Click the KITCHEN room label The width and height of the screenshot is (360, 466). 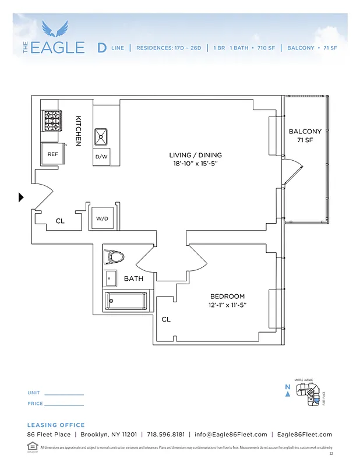tap(78, 130)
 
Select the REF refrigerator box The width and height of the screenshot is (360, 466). tap(52, 154)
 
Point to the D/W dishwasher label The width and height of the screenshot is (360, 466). tap(101, 157)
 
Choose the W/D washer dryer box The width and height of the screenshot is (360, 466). tap(103, 218)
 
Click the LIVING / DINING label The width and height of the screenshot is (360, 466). tap(195, 155)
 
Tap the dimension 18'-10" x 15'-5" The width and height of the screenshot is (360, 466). tap(195, 164)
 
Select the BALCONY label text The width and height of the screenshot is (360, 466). tap(305, 132)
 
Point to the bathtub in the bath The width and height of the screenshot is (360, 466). tap(125, 301)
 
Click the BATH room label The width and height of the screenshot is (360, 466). tap(133, 279)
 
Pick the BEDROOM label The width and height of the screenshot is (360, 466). tap(227, 296)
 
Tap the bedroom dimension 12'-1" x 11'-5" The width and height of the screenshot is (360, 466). tap(227, 305)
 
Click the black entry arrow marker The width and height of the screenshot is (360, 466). tap(21, 197)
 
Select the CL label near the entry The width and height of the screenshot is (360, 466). tap(60, 221)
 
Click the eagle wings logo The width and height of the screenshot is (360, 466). tap(55, 29)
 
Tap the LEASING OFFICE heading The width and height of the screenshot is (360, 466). tap(56, 425)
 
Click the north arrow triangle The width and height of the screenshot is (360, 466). tap(288, 394)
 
